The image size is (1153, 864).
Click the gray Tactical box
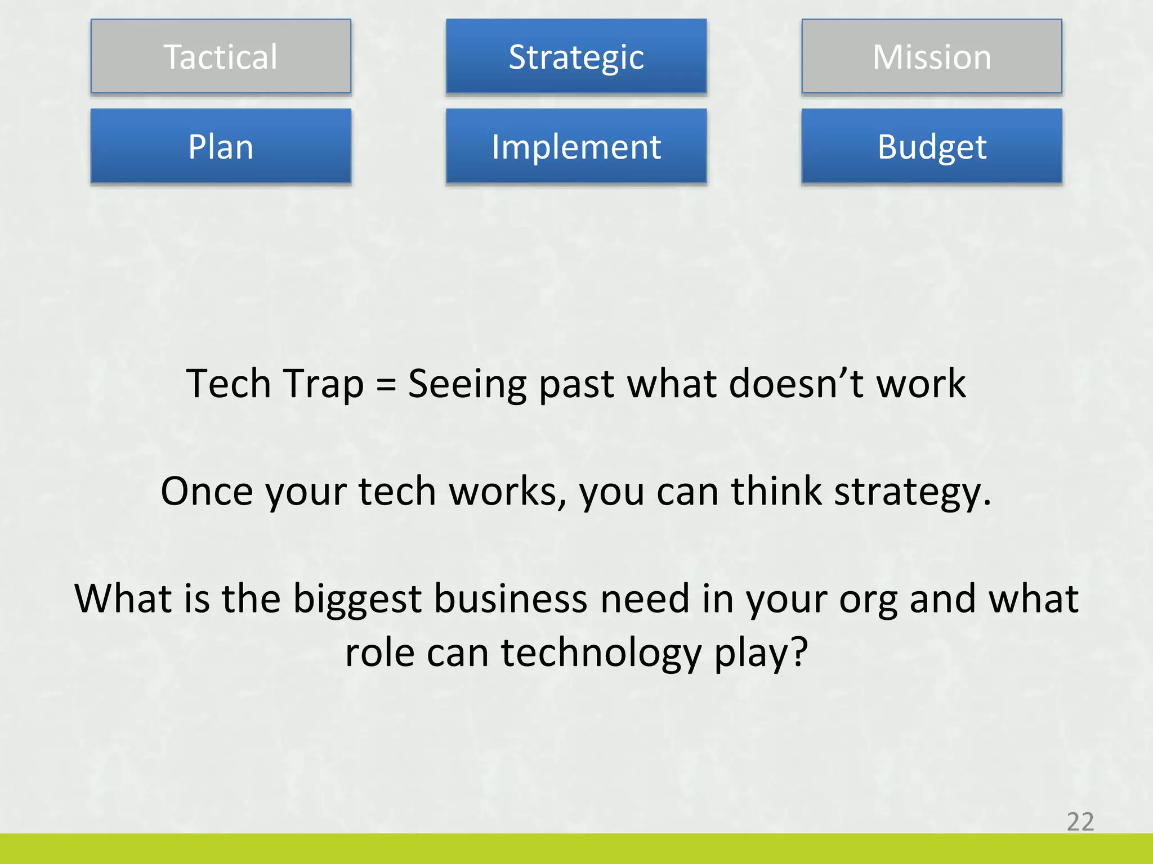(x=221, y=56)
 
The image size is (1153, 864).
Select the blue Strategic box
(x=576, y=56)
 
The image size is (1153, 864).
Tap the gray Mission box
(x=932, y=56)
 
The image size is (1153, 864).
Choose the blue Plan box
(x=221, y=146)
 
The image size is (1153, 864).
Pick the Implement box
(x=576, y=146)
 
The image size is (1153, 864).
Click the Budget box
(x=932, y=146)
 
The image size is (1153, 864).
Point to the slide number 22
(x=1080, y=822)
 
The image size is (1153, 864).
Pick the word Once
(x=207, y=492)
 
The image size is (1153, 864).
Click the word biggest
(x=357, y=600)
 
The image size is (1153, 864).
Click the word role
(x=379, y=652)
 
